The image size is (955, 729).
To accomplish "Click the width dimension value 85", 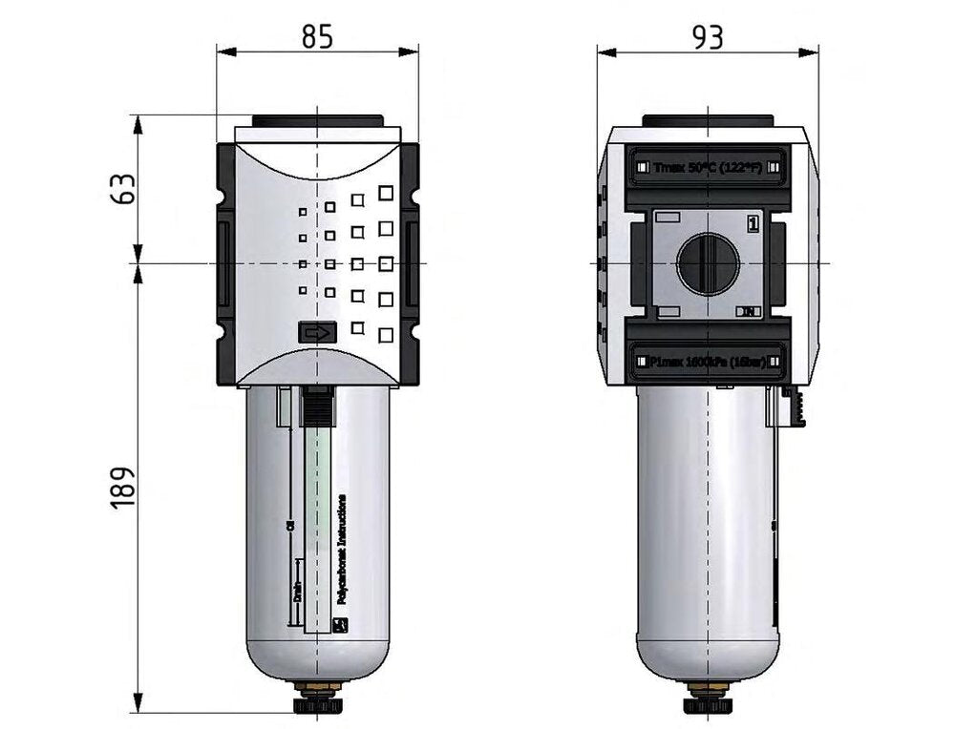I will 317,36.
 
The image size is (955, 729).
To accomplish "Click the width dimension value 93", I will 708,36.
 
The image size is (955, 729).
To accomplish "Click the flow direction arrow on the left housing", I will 317,333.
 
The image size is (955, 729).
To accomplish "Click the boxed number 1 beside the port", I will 753,225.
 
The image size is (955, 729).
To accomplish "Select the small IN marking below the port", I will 751,312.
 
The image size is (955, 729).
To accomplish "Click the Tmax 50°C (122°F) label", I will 708,166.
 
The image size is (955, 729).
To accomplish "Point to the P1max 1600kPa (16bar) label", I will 708,362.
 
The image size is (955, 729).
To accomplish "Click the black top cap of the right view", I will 708,121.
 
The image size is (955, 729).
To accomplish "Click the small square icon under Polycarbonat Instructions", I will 342,626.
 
